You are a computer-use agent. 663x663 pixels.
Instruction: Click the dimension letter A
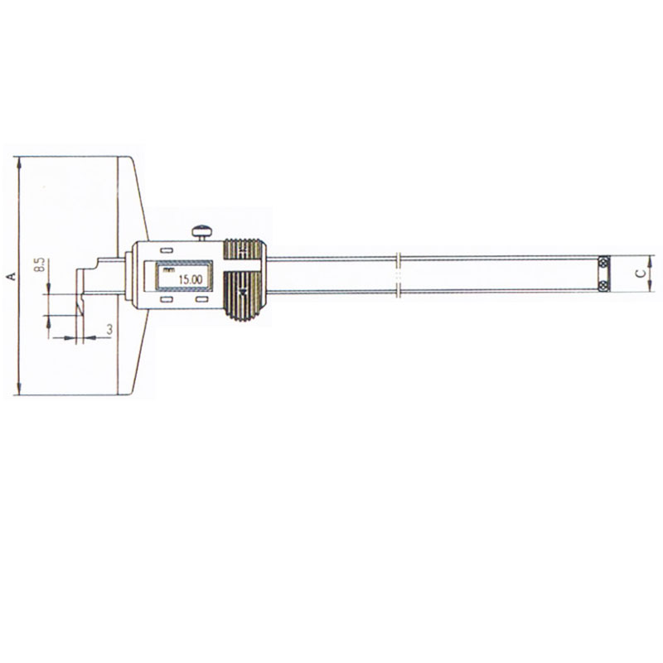click(12, 276)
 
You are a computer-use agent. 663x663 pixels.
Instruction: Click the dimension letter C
click(641, 273)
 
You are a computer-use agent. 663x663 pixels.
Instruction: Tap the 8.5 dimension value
click(41, 264)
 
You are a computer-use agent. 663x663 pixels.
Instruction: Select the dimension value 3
click(109, 329)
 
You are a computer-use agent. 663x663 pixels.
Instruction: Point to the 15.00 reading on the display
click(191, 279)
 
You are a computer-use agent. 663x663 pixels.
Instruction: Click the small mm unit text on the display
click(168, 270)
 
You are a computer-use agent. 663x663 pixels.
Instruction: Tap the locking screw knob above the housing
click(202, 232)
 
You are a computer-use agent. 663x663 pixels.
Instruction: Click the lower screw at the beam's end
click(604, 285)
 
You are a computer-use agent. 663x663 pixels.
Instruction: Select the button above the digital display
click(167, 250)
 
